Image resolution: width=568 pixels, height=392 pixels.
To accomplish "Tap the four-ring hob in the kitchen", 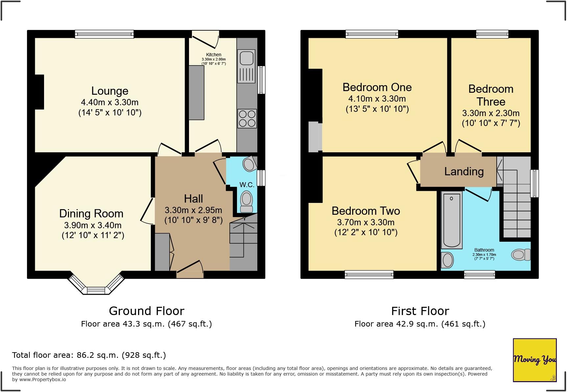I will (x=247, y=118).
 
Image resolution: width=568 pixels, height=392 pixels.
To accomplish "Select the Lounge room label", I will (x=110, y=91).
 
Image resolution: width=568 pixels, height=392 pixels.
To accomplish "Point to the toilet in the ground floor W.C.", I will (x=247, y=202).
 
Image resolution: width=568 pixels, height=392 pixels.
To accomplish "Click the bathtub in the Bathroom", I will (x=451, y=220).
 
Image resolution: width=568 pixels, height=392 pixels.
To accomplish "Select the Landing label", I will (x=464, y=171).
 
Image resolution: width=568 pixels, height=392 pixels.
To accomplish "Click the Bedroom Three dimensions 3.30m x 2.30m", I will (x=491, y=113).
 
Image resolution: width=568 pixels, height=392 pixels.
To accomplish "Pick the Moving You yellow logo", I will (x=534, y=360).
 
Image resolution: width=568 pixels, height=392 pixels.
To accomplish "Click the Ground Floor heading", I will (x=147, y=311).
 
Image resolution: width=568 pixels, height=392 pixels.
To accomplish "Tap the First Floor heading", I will (x=420, y=311).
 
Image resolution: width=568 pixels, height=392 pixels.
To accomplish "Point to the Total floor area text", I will (x=89, y=355).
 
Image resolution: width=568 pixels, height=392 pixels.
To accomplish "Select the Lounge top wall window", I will (x=104, y=34).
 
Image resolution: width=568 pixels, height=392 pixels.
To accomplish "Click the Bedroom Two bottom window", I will (x=369, y=274).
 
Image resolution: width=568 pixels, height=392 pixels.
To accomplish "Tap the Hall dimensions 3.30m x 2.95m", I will (x=193, y=210).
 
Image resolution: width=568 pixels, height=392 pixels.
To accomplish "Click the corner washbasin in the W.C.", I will (x=250, y=163).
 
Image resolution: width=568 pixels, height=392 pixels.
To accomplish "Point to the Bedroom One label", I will (x=377, y=87).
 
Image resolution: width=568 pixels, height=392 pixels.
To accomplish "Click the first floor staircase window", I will (x=535, y=183).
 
